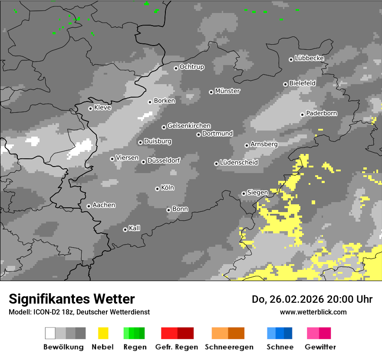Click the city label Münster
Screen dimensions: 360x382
click(x=227, y=91)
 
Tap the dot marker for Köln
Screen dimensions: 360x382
click(x=157, y=189)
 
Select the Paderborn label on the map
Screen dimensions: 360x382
click(x=322, y=114)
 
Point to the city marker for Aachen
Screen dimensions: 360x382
click(x=89, y=206)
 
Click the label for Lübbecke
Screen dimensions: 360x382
click(x=309, y=58)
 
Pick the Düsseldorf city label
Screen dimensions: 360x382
click(x=164, y=160)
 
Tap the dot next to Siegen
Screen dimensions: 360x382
click(x=244, y=193)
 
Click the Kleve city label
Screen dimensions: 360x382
click(x=102, y=108)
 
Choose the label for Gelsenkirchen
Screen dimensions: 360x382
click(x=189, y=126)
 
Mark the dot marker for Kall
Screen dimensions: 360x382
click(x=125, y=229)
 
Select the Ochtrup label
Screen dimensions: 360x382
click(x=192, y=67)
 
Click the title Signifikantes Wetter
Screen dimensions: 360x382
click(x=72, y=299)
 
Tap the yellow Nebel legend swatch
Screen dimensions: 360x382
click(x=103, y=333)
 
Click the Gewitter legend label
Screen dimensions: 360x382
click(x=320, y=347)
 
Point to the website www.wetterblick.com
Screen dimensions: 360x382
click(x=313, y=312)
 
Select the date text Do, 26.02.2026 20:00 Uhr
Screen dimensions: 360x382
click(x=312, y=299)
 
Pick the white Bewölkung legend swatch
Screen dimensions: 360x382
click(x=50, y=333)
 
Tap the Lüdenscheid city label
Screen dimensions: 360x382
click(x=239, y=163)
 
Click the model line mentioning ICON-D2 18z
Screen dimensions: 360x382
click(x=79, y=312)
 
